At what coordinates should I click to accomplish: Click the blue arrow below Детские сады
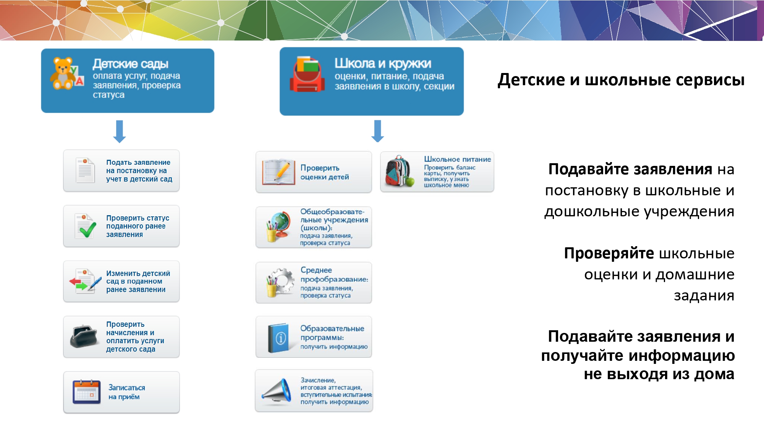[120, 131]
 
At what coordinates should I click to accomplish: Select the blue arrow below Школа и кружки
[378, 131]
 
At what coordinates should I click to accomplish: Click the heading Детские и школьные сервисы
[621, 80]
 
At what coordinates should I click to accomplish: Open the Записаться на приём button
[121, 392]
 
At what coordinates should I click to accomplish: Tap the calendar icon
[87, 392]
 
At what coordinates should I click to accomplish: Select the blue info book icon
[278, 338]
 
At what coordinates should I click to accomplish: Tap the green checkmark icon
[87, 230]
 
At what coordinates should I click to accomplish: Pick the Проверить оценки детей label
[325, 172]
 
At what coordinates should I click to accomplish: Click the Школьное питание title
[458, 159]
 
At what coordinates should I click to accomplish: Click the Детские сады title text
[131, 64]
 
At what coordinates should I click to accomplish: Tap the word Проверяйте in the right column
[609, 253]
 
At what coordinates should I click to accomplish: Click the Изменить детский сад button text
[138, 281]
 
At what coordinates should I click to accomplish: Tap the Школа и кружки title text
[383, 63]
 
